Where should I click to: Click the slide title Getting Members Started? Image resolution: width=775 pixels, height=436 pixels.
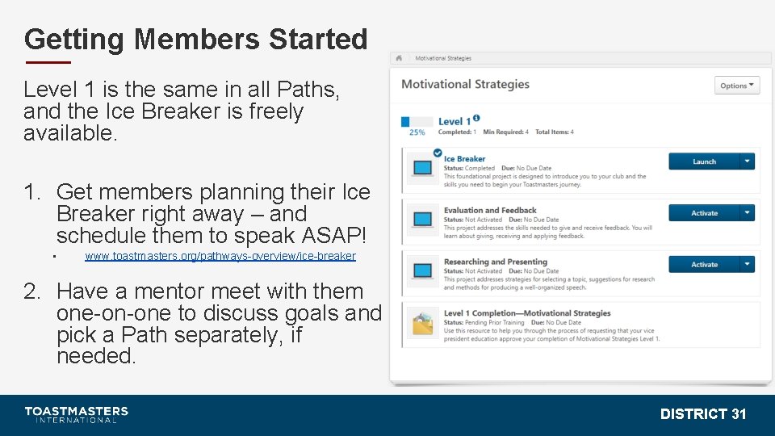[195, 39]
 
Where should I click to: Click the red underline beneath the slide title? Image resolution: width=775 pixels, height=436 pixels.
[48, 62]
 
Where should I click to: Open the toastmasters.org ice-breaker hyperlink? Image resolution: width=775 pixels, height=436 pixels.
[220, 256]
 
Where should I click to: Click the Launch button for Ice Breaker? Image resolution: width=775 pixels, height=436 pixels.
[704, 161]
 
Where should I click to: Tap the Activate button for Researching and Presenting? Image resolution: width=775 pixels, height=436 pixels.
[704, 264]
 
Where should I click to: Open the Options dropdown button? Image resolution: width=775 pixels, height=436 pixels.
[736, 86]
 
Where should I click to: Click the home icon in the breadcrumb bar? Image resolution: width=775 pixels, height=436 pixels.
[400, 58]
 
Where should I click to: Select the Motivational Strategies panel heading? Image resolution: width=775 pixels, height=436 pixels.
[465, 84]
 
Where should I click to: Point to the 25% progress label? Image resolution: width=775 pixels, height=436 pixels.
[417, 132]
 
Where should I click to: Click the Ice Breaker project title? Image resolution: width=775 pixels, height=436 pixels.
[464, 159]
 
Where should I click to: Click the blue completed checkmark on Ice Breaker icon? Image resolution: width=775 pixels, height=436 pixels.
[437, 153]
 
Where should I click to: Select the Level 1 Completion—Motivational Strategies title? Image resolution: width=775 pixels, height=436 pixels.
[526, 313]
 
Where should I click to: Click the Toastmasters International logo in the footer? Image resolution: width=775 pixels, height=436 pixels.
[76, 414]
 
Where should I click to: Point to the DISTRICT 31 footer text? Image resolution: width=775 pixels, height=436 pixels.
[702, 414]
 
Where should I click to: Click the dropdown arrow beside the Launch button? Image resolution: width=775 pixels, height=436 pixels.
[748, 161]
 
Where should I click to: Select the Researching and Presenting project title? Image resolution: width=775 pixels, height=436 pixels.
[495, 262]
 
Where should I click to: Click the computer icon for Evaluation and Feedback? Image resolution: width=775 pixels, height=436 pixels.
[422, 219]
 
